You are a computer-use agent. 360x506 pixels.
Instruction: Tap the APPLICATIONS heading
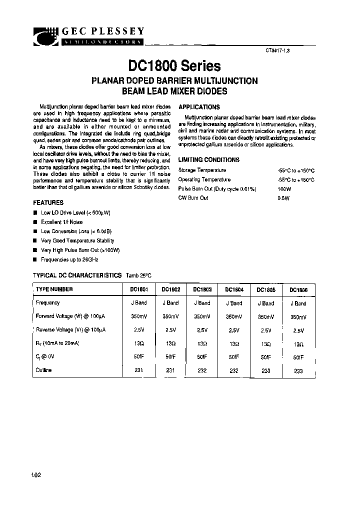199,107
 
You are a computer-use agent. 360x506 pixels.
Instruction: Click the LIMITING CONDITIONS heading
209,160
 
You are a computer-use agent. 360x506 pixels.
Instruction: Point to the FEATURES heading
48,203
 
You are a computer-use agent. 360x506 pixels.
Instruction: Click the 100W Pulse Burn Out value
284,189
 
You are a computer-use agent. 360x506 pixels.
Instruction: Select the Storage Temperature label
202,170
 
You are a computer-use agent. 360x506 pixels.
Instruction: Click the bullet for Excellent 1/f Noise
35,222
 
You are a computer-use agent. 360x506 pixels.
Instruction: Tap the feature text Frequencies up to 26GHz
69,260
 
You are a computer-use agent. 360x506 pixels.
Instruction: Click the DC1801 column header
138,289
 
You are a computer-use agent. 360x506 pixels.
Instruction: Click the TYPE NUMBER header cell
54,289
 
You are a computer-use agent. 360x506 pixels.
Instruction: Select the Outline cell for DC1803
202,370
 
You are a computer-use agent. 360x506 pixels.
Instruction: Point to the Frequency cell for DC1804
233,303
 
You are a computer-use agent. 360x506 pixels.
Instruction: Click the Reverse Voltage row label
70,330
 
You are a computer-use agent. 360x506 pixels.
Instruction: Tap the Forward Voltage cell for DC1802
170,316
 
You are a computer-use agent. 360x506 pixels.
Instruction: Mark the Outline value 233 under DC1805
266,371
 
